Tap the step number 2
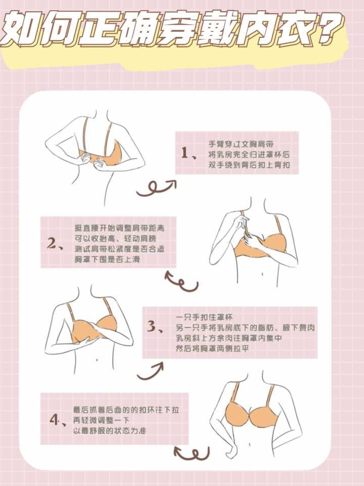coord(52,244)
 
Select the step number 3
coord(152,326)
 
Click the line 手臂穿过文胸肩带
coord(241,144)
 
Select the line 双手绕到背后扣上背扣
coord(249,165)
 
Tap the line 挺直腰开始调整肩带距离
coord(119,228)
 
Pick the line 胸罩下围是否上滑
coord(107,259)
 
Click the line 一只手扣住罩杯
coord(204,317)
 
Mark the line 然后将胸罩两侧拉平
coord(212,349)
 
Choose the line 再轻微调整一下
coord(101,420)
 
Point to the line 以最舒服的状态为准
coord(109,430)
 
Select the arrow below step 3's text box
coord(150,371)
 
